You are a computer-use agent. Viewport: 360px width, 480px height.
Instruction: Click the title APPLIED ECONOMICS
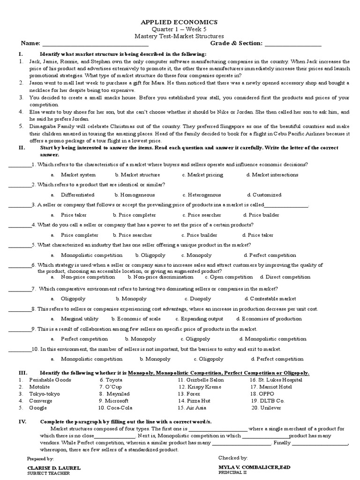[180, 22]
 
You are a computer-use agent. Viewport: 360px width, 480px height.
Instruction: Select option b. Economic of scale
[132, 319]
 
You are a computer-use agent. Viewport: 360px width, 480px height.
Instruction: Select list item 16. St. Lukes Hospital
[276, 380]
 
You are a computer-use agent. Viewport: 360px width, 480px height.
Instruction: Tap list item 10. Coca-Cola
[115, 408]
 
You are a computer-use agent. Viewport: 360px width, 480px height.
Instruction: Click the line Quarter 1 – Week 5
[180, 29]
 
